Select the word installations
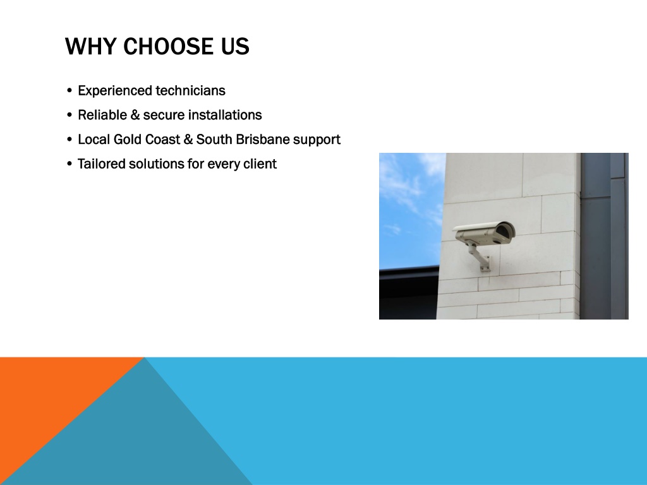pos(225,115)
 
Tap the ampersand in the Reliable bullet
pos(135,115)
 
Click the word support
pos(317,140)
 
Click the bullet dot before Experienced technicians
pos(70,91)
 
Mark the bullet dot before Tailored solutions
pos(70,164)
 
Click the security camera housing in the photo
pos(485,234)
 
